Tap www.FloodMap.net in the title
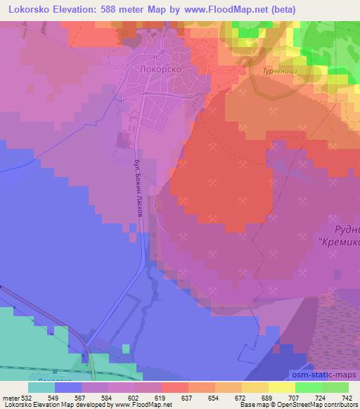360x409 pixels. pos(218,9)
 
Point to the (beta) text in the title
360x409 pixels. pos(279,9)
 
